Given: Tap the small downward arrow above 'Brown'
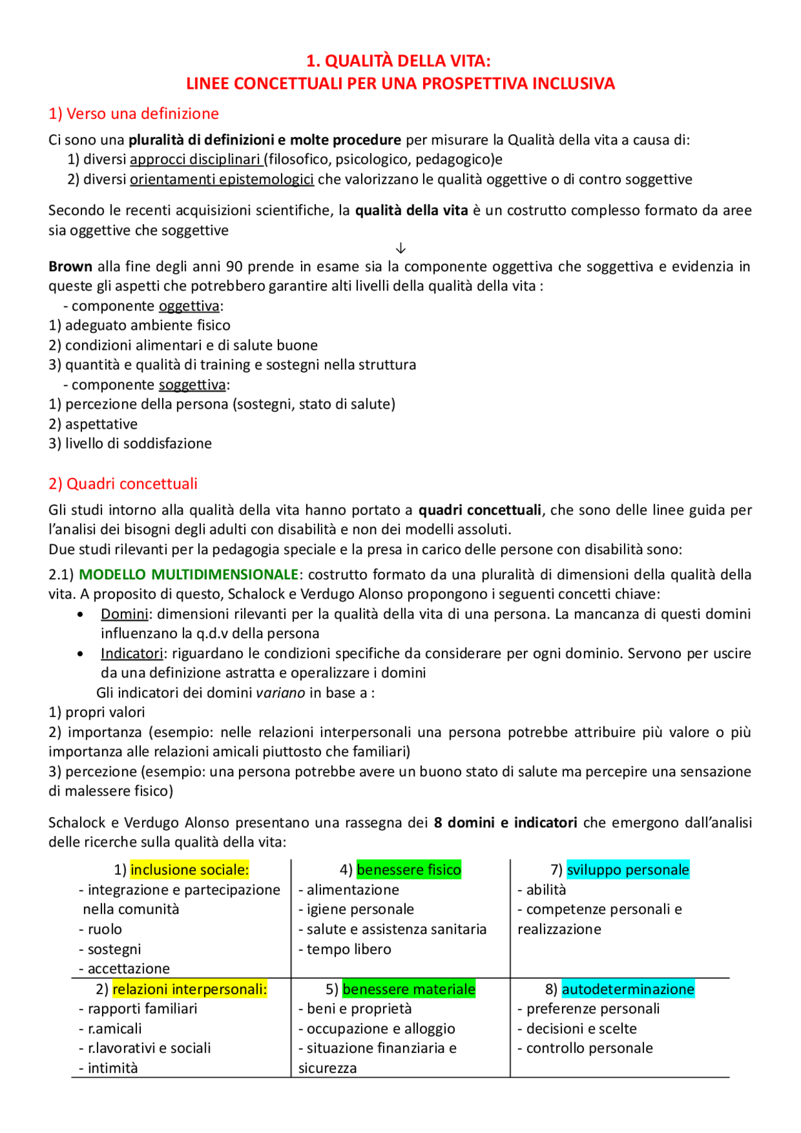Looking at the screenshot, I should point(401,248).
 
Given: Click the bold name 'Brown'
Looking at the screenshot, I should point(70,267).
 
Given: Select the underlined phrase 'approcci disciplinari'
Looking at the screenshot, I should point(195,160).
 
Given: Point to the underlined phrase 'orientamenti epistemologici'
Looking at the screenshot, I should point(222,180).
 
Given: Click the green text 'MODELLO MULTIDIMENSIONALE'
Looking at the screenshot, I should point(188,574).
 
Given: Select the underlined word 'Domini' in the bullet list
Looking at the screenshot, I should point(125,614).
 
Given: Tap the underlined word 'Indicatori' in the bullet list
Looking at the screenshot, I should point(131,653).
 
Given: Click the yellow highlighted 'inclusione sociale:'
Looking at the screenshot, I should point(190,870).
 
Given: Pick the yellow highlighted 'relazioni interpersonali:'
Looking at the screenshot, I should point(190,989).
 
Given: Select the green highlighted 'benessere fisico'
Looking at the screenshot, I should point(409,870).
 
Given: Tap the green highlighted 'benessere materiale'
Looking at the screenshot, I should point(409,989).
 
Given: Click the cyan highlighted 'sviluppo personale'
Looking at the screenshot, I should point(628,870).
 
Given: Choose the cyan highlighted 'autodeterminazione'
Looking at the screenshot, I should point(628,989).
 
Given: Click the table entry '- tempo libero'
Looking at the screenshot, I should point(345,949).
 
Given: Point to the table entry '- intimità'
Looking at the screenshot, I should point(108,1068).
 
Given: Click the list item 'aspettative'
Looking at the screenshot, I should point(101,424).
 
